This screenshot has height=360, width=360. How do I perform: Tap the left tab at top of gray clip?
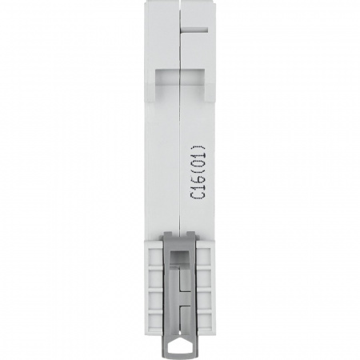pyautogui.click(x=169, y=234)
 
